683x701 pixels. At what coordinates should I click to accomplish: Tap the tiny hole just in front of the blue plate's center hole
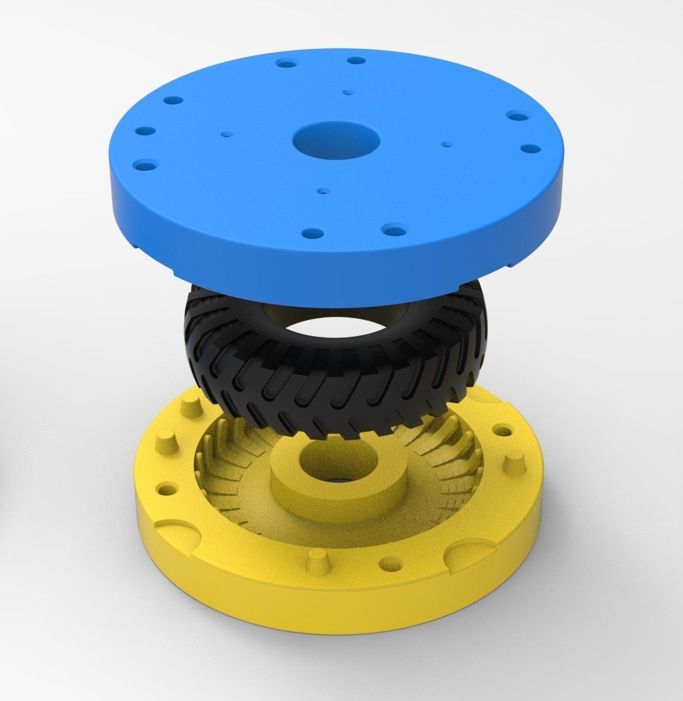click(324, 191)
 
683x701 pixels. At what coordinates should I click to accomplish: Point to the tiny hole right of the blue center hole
click(447, 144)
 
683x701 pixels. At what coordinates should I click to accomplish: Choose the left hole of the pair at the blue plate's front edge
click(313, 233)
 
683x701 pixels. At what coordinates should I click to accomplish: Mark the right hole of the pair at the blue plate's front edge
click(391, 229)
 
